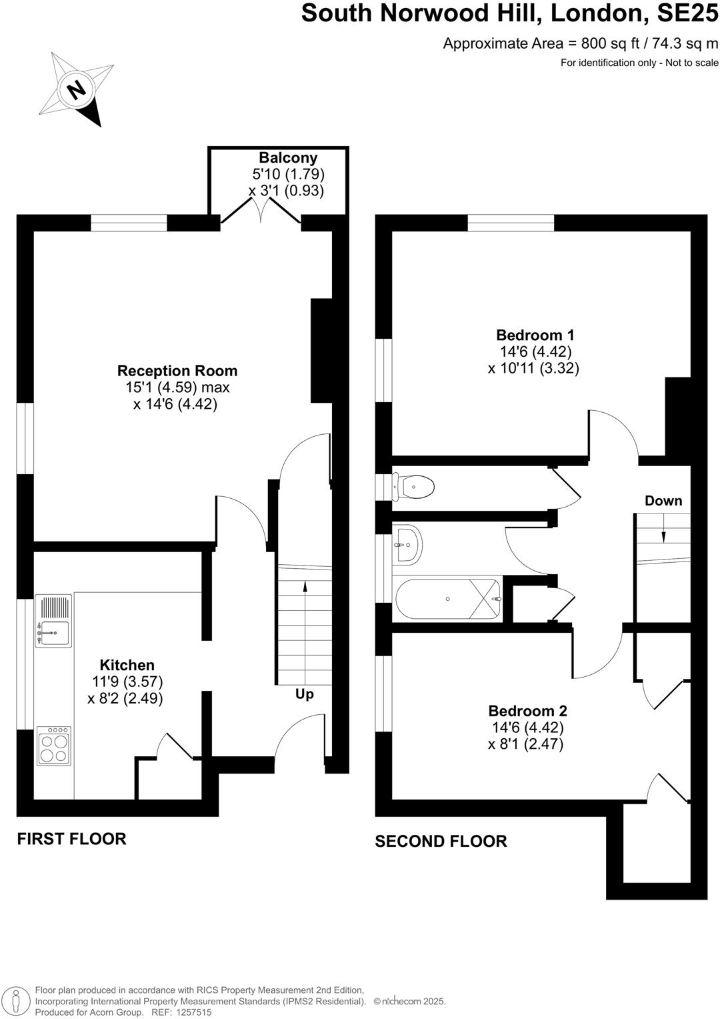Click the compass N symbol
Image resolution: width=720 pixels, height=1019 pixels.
(x=78, y=89)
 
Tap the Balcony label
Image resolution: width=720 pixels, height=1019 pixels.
(x=288, y=158)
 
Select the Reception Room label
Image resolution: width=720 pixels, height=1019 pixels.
(x=177, y=371)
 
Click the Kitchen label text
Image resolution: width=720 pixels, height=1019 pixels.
(x=127, y=665)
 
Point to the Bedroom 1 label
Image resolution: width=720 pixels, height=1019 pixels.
(x=535, y=335)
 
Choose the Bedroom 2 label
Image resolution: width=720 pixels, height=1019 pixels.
(x=527, y=711)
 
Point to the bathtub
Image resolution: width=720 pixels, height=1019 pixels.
(x=447, y=599)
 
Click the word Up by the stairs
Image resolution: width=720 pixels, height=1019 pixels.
(x=304, y=694)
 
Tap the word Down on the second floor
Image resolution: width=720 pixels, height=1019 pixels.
(x=663, y=501)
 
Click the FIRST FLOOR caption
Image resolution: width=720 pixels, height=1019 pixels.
(x=71, y=839)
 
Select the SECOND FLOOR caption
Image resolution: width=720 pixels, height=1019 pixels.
(x=441, y=842)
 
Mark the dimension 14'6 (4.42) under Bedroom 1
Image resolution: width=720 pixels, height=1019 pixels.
(x=535, y=351)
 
